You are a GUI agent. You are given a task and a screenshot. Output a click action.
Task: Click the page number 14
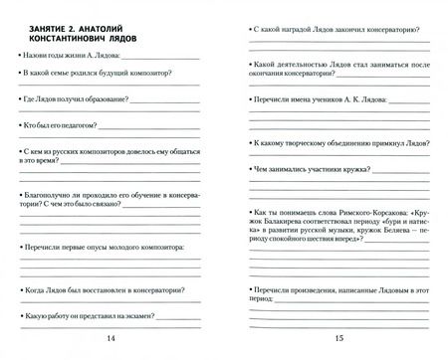(x=110, y=339)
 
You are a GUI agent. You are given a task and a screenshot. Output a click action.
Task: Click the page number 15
(x=338, y=339)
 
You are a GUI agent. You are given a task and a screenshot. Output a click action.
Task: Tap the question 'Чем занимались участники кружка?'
(x=310, y=170)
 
